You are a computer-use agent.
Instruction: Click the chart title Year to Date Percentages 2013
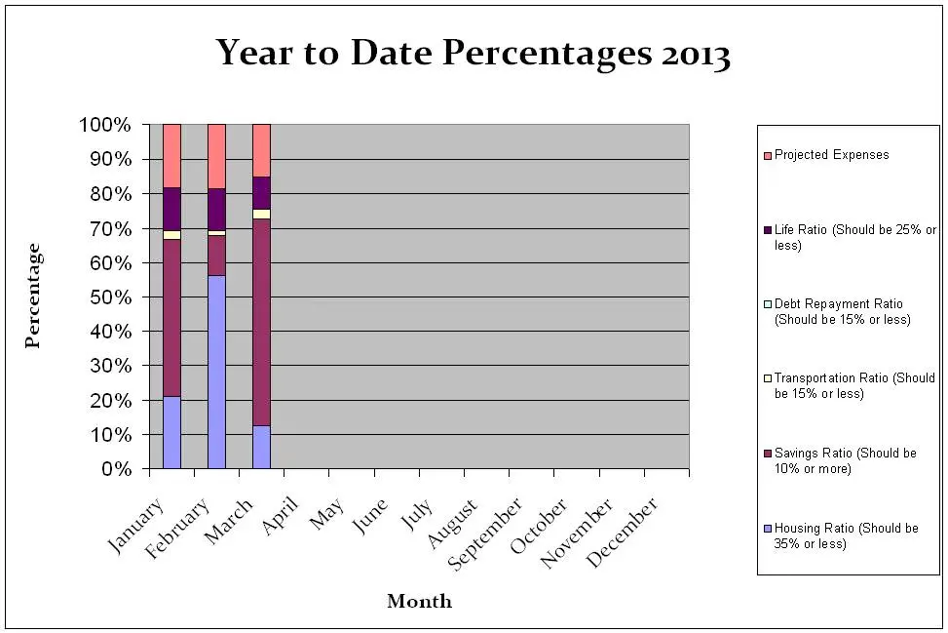click(x=473, y=54)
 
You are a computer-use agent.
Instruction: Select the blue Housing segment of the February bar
click(x=216, y=372)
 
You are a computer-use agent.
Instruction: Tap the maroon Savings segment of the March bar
click(x=261, y=322)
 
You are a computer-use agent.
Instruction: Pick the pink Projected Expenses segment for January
click(x=171, y=155)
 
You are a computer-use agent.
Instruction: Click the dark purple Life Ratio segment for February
click(x=216, y=209)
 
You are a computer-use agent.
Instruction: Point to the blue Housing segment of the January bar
click(x=171, y=432)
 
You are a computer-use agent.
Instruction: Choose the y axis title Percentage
click(x=33, y=297)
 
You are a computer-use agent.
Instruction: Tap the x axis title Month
click(x=419, y=601)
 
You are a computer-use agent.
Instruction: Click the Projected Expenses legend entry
click(x=831, y=155)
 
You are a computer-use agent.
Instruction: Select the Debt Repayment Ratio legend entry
click(x=842, y=312)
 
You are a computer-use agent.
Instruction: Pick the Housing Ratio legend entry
click(x=846, y=535)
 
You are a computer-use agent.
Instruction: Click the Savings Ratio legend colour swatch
click(x=768, y=454)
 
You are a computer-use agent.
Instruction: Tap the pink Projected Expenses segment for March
click(x=261, y=150)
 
